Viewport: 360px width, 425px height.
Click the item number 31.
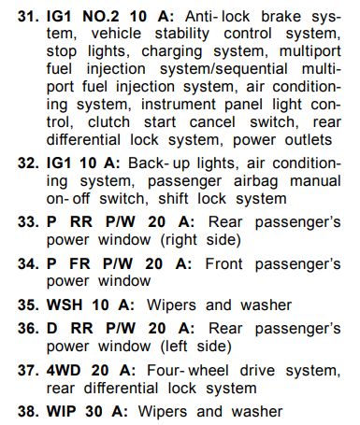(28, 17)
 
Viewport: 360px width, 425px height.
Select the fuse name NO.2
(101, 17)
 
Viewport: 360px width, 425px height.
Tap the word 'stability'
(182, 34)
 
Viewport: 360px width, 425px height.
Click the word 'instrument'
(179, 105)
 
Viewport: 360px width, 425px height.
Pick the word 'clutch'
(108, 122)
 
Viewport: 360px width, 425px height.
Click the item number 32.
(28, 163)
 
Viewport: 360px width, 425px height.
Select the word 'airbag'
(256, 181)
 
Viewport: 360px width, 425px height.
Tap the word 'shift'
(173, 199)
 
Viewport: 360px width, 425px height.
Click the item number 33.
(28, 222)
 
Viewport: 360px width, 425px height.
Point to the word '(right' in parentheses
(179, 240)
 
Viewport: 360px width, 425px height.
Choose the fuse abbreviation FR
(79, 264)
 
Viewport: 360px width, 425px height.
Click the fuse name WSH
(65, 305)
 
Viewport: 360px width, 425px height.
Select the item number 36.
(28, 329)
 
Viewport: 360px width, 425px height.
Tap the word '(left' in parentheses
(174, 347)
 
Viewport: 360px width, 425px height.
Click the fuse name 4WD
(64, 371)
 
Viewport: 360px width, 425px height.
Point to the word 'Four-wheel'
(188, 371)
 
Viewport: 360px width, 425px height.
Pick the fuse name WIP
(62, 412)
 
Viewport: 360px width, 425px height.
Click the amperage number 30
(94, 412)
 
